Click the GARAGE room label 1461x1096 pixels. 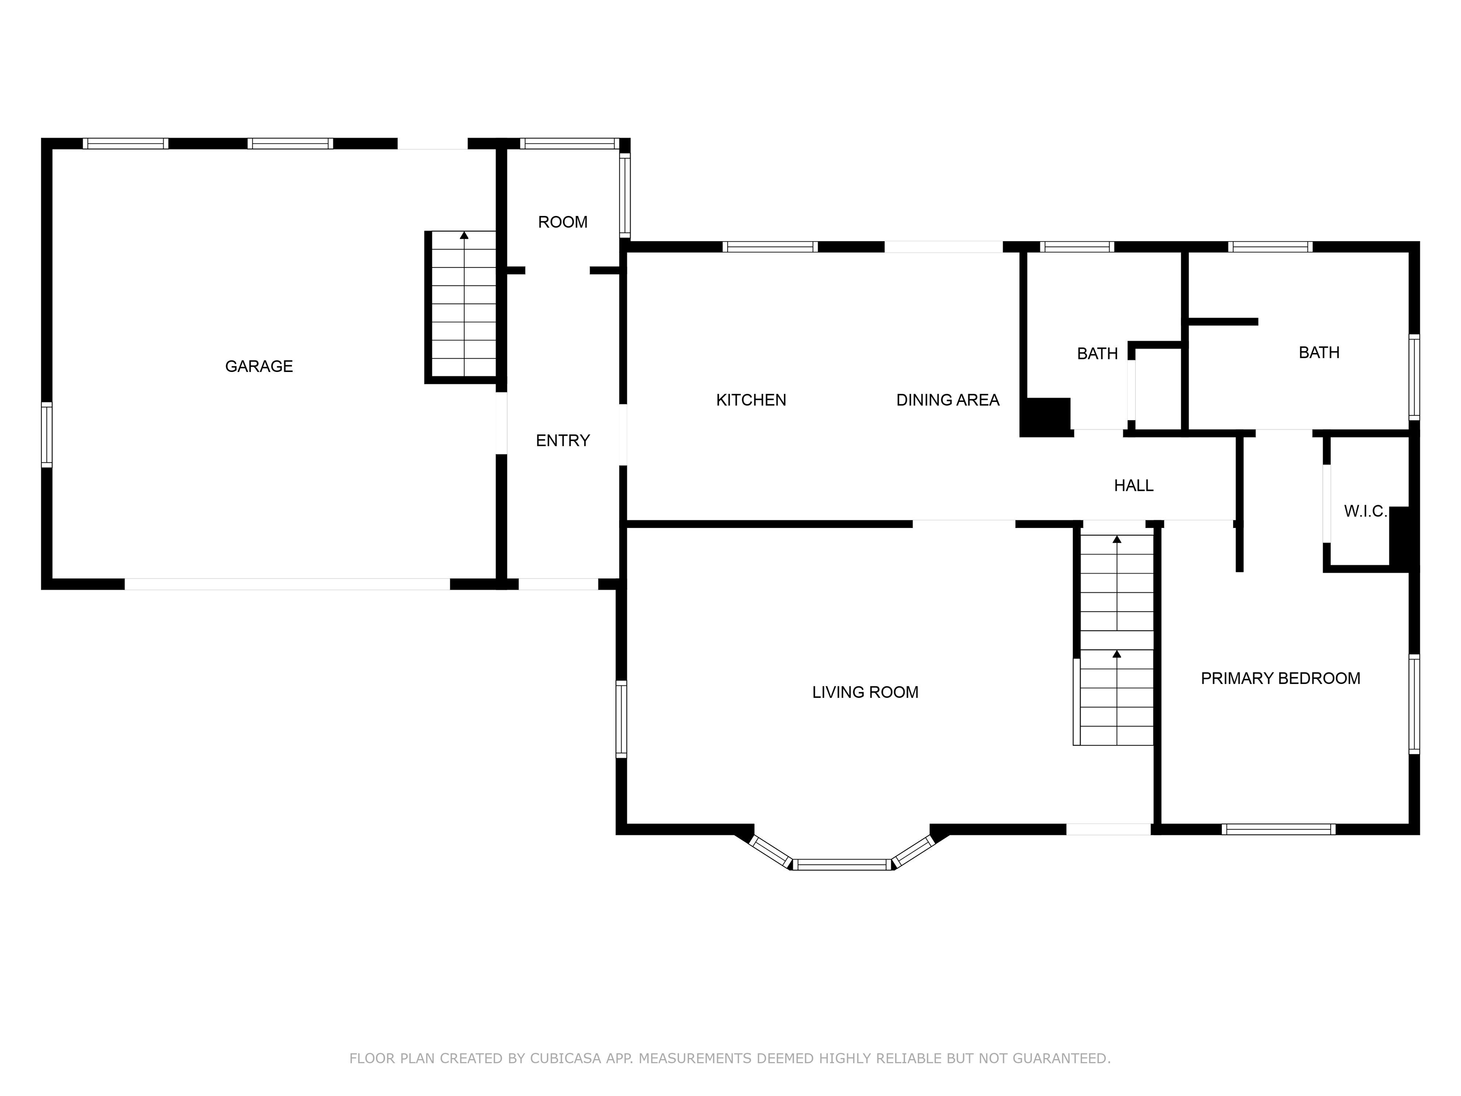[x=259, y=366]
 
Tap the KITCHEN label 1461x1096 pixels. [x=751, y=400]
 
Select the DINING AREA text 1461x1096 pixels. [x=948, y=400]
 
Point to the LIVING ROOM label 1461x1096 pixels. [x=865, y=692]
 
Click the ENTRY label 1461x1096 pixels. [x=563, y=440]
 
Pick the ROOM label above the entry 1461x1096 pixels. [x=563, y=222]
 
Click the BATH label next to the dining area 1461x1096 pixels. [x=1098, y=353]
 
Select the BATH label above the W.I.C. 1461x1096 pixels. [x=1319, y=352]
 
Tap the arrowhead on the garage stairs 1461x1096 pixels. [x=464, y=235]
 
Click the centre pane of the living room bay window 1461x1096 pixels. [x=842, y=864]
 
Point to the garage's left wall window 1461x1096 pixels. [x=46, y=435]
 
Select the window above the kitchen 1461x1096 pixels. [x=770, y=247]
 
